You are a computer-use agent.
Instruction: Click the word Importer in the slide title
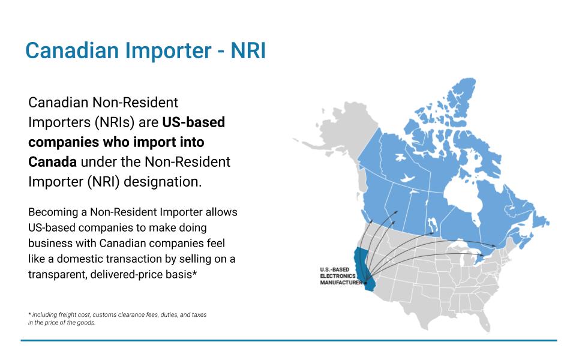pos(168,50)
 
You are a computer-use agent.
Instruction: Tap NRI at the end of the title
pos(248,50)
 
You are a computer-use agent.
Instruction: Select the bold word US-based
pos(194,122)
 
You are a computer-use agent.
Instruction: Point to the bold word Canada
pos(53,162)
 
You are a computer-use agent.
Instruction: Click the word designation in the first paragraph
pos(163,182)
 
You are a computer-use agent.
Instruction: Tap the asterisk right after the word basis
pos(194,273)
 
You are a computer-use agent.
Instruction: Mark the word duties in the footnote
pos(169,315)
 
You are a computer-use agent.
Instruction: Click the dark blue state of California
pos(362,266)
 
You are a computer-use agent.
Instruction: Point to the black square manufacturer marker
pos(365,283)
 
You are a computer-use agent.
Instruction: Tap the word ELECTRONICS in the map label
pos(338,276)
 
